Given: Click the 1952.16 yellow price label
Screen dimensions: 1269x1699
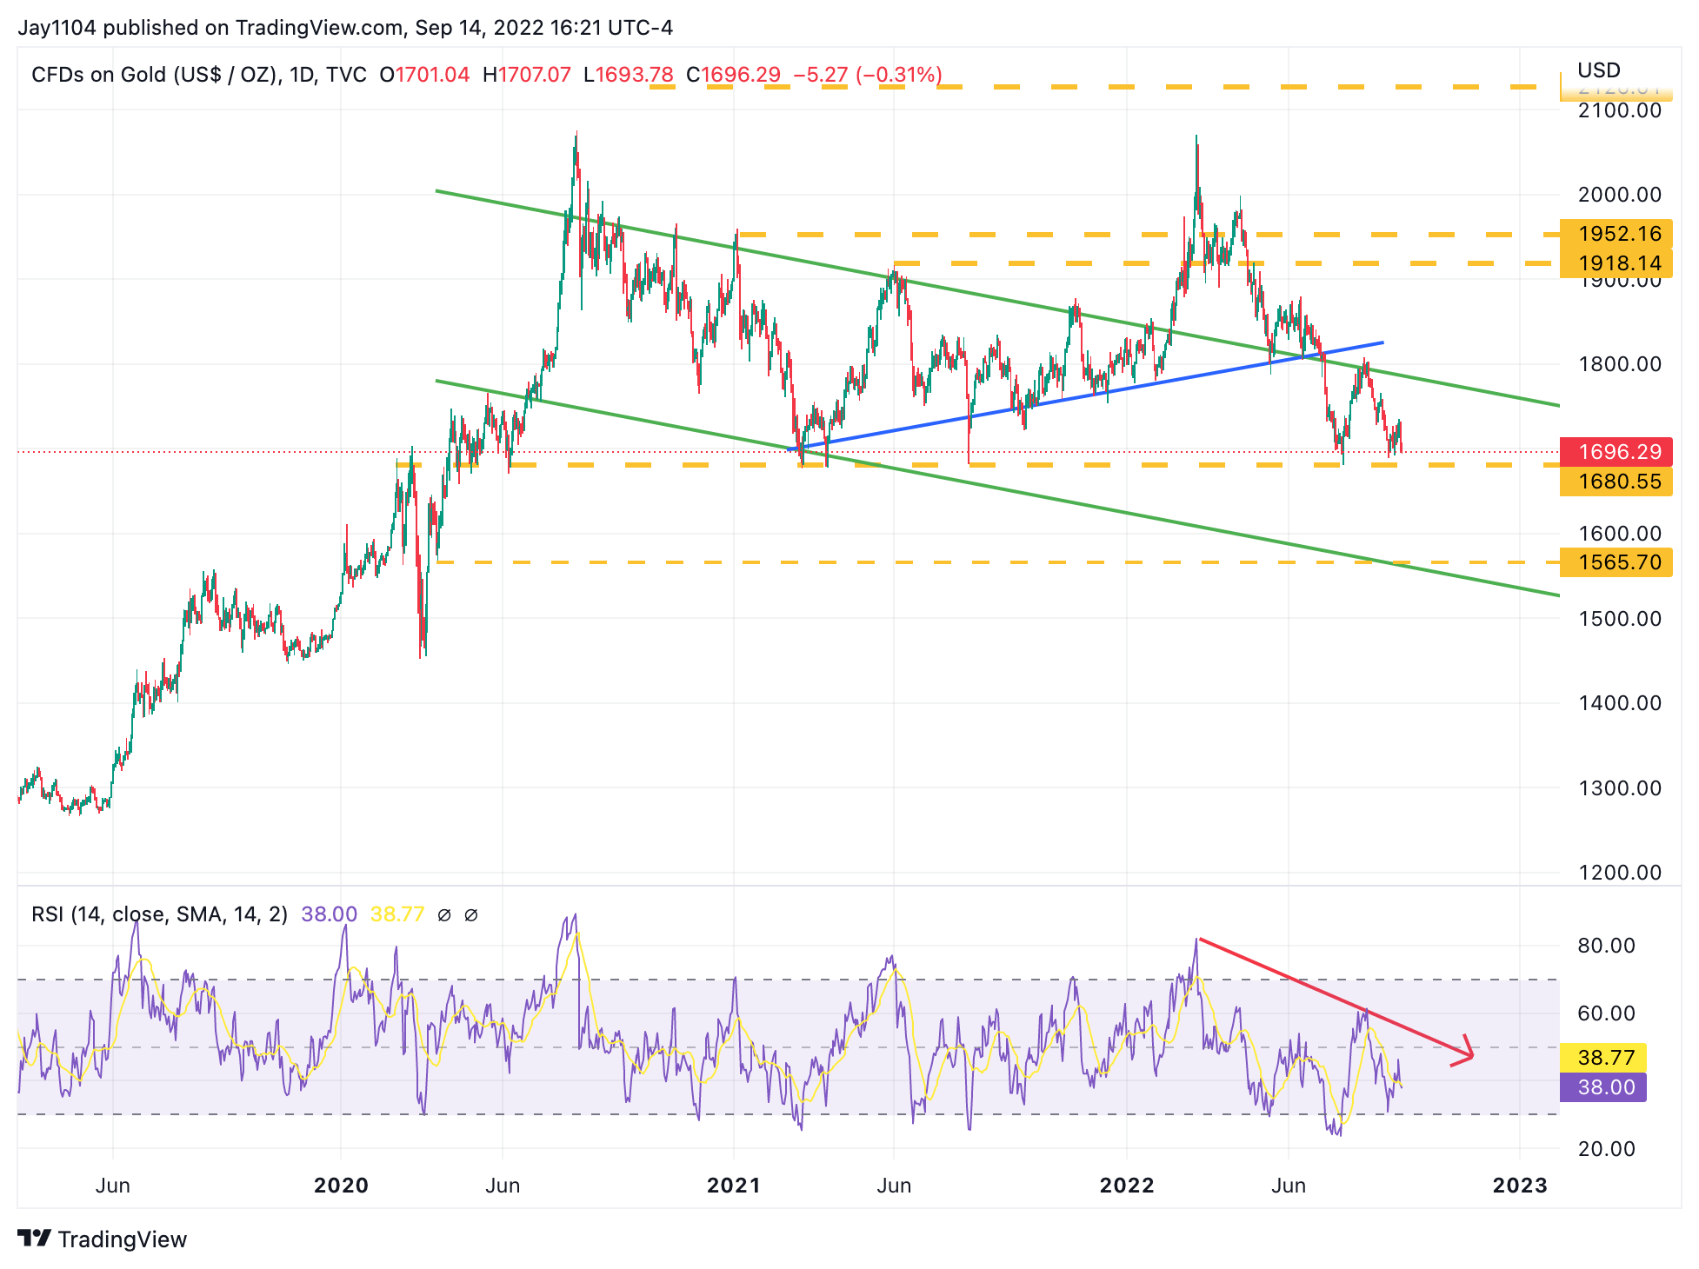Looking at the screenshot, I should (x=1616, y=234).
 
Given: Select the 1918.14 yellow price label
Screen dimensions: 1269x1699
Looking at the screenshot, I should (x=1616, y=262).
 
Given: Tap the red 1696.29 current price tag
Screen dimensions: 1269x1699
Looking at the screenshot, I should (x=1616, y=452).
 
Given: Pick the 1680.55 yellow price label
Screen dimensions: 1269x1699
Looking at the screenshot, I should (x=1616, y=481).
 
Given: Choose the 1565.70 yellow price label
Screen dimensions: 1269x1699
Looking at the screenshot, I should (x=1616, y=562).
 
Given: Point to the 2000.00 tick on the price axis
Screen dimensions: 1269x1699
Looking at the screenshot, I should (x=1619, y=195).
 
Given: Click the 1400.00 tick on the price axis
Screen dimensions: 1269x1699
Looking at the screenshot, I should (x=1619, y=703).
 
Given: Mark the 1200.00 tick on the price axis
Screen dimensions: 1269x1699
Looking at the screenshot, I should (x=1619, y=873).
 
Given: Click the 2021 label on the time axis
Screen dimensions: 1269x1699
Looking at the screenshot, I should (x=733, y=1186).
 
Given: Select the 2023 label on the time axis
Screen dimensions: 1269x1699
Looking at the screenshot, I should (x=1519, y=1186).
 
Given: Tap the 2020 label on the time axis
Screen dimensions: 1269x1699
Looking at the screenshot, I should (x=341, y=1186).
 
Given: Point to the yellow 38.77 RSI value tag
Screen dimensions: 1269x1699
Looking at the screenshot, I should (x=1605, y=1058).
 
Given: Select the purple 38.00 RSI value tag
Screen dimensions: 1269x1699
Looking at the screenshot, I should (x=1605, y=1087).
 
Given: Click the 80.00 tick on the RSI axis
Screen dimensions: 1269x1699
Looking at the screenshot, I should (x=1606, y=946).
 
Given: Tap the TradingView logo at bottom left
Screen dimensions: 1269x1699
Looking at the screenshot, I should (x=103, y=1239).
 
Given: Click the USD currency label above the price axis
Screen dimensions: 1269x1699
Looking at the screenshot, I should (x=1598, y=70).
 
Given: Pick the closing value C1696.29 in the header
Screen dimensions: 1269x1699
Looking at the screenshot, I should (x=733, y=75).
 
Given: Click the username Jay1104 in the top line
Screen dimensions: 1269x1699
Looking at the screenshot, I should (x=57, y=28).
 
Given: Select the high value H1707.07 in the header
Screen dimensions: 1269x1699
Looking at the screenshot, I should (x=526, y=75).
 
